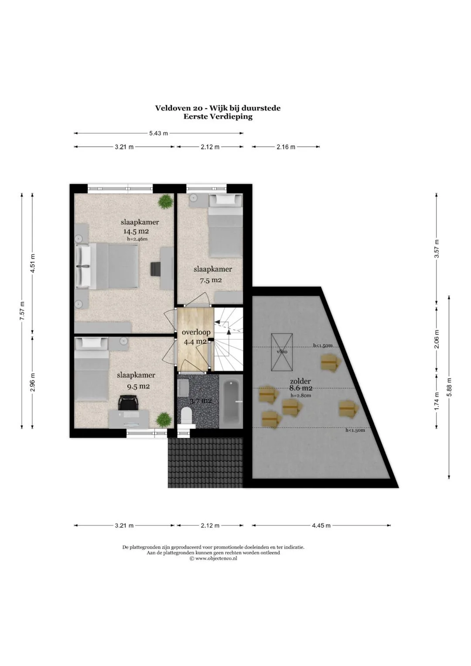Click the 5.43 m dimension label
click(158, 133)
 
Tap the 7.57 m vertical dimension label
click(22, 311)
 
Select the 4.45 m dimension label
click(321, 526)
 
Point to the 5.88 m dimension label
click(449, 387)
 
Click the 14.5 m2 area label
click(136, 231)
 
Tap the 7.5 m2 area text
click(211, 280)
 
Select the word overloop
click(196, 332)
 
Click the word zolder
click(300, 381)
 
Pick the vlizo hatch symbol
click(282, 352)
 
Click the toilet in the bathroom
click(187, 415)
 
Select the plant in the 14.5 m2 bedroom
click(165, 202)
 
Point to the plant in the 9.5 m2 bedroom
click(164, 420)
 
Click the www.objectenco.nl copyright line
click(213, 558)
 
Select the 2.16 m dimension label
click(286, 147)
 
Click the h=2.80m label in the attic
click(301, 396)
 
